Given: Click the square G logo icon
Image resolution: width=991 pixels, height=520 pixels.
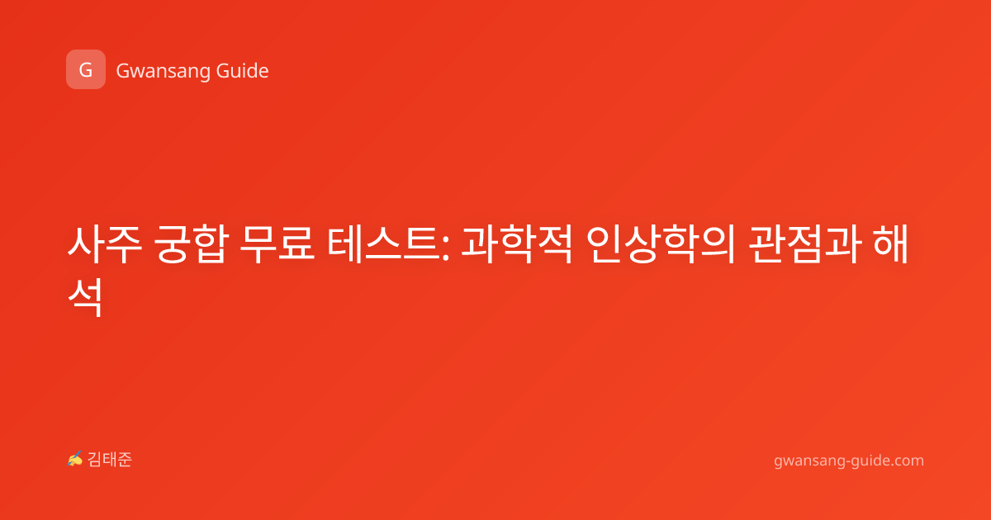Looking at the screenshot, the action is coord(86,69).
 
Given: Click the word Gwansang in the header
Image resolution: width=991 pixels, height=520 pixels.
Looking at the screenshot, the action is coord(163,72).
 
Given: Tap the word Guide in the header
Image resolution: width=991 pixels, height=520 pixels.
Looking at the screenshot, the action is coord(243,71).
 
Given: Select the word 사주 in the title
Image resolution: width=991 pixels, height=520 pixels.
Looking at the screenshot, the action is coord(105,244).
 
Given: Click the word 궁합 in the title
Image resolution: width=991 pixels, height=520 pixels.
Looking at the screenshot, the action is coord(191,244).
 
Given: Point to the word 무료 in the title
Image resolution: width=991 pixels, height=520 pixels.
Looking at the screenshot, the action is coord(277,244).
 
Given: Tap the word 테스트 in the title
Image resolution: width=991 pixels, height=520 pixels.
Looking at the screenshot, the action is coord(383,244).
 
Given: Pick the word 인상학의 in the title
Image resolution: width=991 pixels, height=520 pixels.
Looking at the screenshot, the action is coord(661,244).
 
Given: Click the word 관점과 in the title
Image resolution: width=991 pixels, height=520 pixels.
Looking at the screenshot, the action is coord(805,244).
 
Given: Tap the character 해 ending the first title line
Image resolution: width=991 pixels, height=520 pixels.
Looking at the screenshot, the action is coord(891,244).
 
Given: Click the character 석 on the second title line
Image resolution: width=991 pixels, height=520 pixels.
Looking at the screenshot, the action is coord(85,297).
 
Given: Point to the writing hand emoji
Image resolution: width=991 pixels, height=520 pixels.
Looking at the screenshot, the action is coord(75,459).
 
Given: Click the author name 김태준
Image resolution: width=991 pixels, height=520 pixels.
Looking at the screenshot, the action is coord(110,460).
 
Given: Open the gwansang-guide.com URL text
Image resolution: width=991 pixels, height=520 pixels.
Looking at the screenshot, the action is coord(849,461).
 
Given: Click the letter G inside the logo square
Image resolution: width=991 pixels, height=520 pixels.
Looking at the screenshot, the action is coord(86,70).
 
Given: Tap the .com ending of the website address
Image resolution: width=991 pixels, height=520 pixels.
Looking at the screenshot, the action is coord(907,461).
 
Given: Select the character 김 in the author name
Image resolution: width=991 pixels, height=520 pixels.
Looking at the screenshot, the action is coord(95,460).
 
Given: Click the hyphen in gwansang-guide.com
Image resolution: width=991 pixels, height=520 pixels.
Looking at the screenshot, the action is coord(847,461).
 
